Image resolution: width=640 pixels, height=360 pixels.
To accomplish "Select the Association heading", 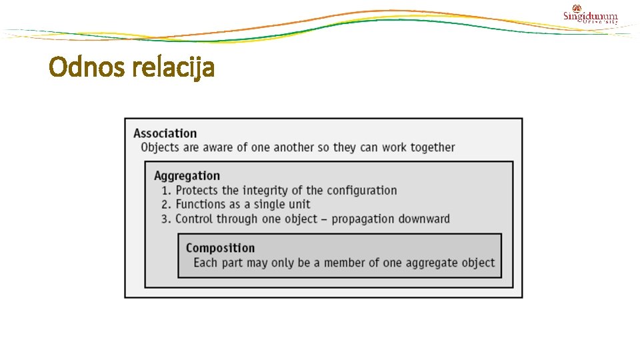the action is [165, 133].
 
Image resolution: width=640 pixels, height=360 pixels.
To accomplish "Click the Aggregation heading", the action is [187, 176].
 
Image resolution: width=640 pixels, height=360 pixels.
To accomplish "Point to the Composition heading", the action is [220, 248].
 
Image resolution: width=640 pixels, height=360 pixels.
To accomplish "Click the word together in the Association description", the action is [433, 147].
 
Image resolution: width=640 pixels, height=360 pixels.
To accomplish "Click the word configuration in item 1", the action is [361, 191].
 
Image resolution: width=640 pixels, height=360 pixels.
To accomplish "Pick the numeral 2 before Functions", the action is [165, 205].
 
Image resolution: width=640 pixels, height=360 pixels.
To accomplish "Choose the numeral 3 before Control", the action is [165, 219].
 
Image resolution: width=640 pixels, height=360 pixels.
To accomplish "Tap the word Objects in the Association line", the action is [160, 147].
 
